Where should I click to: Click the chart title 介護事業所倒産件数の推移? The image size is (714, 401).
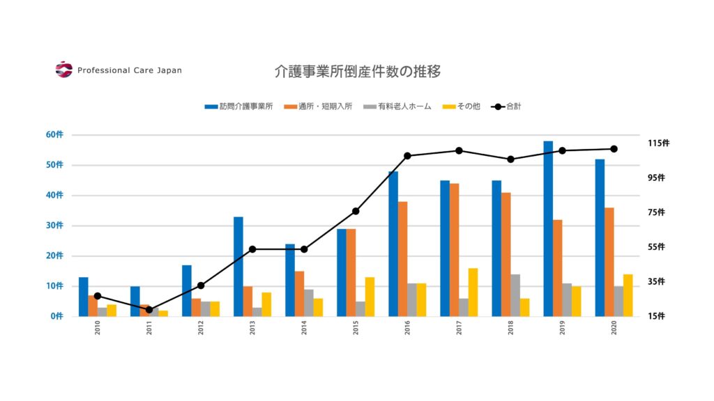pos(357,71)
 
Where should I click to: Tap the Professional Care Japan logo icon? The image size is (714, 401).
pos(63,70)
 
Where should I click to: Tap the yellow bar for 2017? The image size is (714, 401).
pos(473,292)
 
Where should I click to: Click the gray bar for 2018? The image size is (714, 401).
pos(515,295)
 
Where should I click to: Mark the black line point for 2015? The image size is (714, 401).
pos(356,211)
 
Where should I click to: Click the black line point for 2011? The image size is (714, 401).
pos(149,310)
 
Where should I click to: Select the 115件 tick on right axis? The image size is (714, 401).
pos(658,143)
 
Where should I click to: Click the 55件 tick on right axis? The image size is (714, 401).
pos(656,247)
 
